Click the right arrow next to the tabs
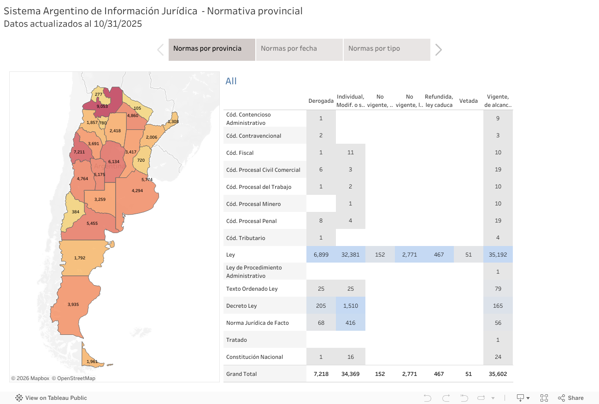[439, 50]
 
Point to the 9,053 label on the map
[102, 106]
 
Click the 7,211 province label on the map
[79, 152]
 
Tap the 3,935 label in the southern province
[73, 304]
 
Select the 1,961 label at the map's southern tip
[92, 362]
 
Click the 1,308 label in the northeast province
[173, 122]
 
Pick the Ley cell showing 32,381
[350, 254]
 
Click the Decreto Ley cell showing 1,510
[350, 306]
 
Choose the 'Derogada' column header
[321, 101]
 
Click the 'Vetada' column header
[468, 101]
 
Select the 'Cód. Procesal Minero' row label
[253, 204]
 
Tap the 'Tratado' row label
[237, 340]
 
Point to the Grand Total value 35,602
[498, 374]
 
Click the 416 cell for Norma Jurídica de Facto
[350, 323]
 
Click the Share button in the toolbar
[571, 398]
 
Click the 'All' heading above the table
[231, 82]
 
